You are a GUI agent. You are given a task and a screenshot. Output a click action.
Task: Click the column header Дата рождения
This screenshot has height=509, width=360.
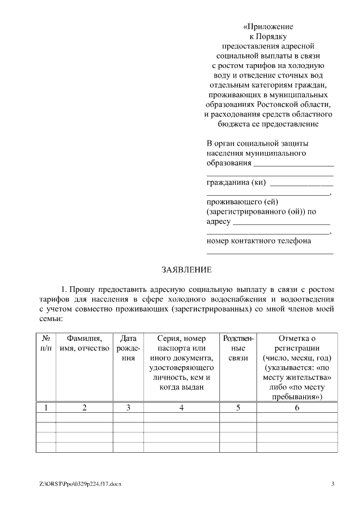pyautogui.click(x=128, y=348)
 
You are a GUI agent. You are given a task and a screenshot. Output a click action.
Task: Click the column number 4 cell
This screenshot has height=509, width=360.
pyautogui.click(x=181, y=408)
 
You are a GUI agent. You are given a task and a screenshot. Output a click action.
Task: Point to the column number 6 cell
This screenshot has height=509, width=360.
pyautogui.click(x=297, y=408)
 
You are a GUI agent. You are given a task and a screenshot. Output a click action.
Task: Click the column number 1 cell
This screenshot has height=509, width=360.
pyautogui.click(x=46, y=408)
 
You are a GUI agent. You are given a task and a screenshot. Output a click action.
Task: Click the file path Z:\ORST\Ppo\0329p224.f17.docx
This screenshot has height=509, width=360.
pyautogui.click(x=80, y=484)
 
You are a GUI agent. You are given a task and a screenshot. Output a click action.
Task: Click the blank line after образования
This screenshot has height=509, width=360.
pyautogui.click(x=293, y=165)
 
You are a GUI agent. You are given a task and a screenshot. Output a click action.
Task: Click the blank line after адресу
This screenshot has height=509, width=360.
pyautogui.click(x=281, y=223)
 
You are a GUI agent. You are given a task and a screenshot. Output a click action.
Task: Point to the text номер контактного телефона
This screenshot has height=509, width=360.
pyautogui.click(x=259, y=241)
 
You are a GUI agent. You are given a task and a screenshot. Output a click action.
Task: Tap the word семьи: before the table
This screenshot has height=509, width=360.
pyautogui.click(x=51, y=318)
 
